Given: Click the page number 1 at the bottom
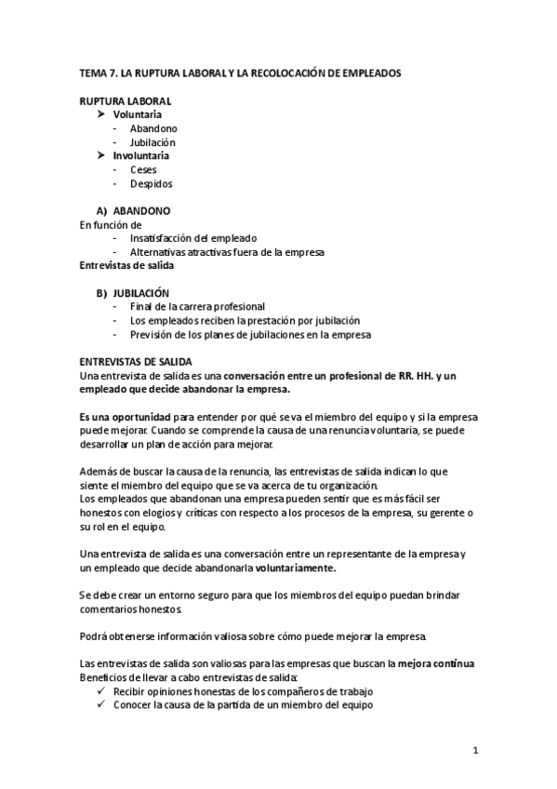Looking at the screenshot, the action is pos(475,751).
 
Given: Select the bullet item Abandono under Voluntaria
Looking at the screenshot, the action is pos(154,128).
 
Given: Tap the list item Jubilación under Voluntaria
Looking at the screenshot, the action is pos(153,142).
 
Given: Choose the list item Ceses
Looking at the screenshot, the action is pos(143,170).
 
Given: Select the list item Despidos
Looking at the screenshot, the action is pos(151,184).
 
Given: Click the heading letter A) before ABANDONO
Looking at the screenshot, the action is pos(103,211).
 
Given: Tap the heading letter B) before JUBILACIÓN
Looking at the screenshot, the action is pos(103,293).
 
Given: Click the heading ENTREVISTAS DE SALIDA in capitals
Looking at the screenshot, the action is pos(136,361).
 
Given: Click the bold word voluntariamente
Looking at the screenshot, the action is pos(297,568).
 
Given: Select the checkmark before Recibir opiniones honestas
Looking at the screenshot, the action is pos(100,691).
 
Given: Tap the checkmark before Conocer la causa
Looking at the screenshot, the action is pos(100,705).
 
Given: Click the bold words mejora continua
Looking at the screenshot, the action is pos(436,664).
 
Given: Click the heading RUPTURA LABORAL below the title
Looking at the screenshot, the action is pos(125,100).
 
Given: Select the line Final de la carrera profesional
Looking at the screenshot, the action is pos(197,306).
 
